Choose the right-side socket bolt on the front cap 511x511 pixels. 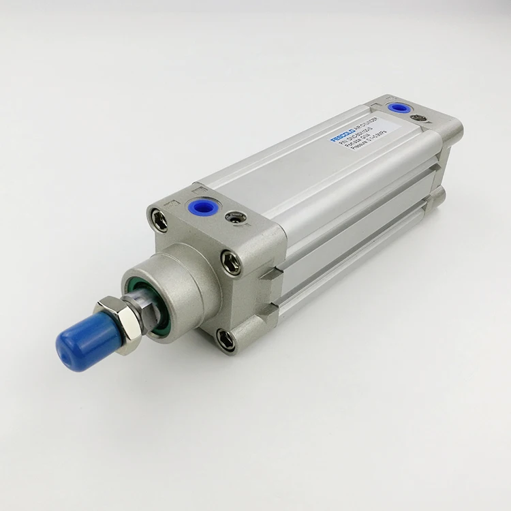tap(231, 260)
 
